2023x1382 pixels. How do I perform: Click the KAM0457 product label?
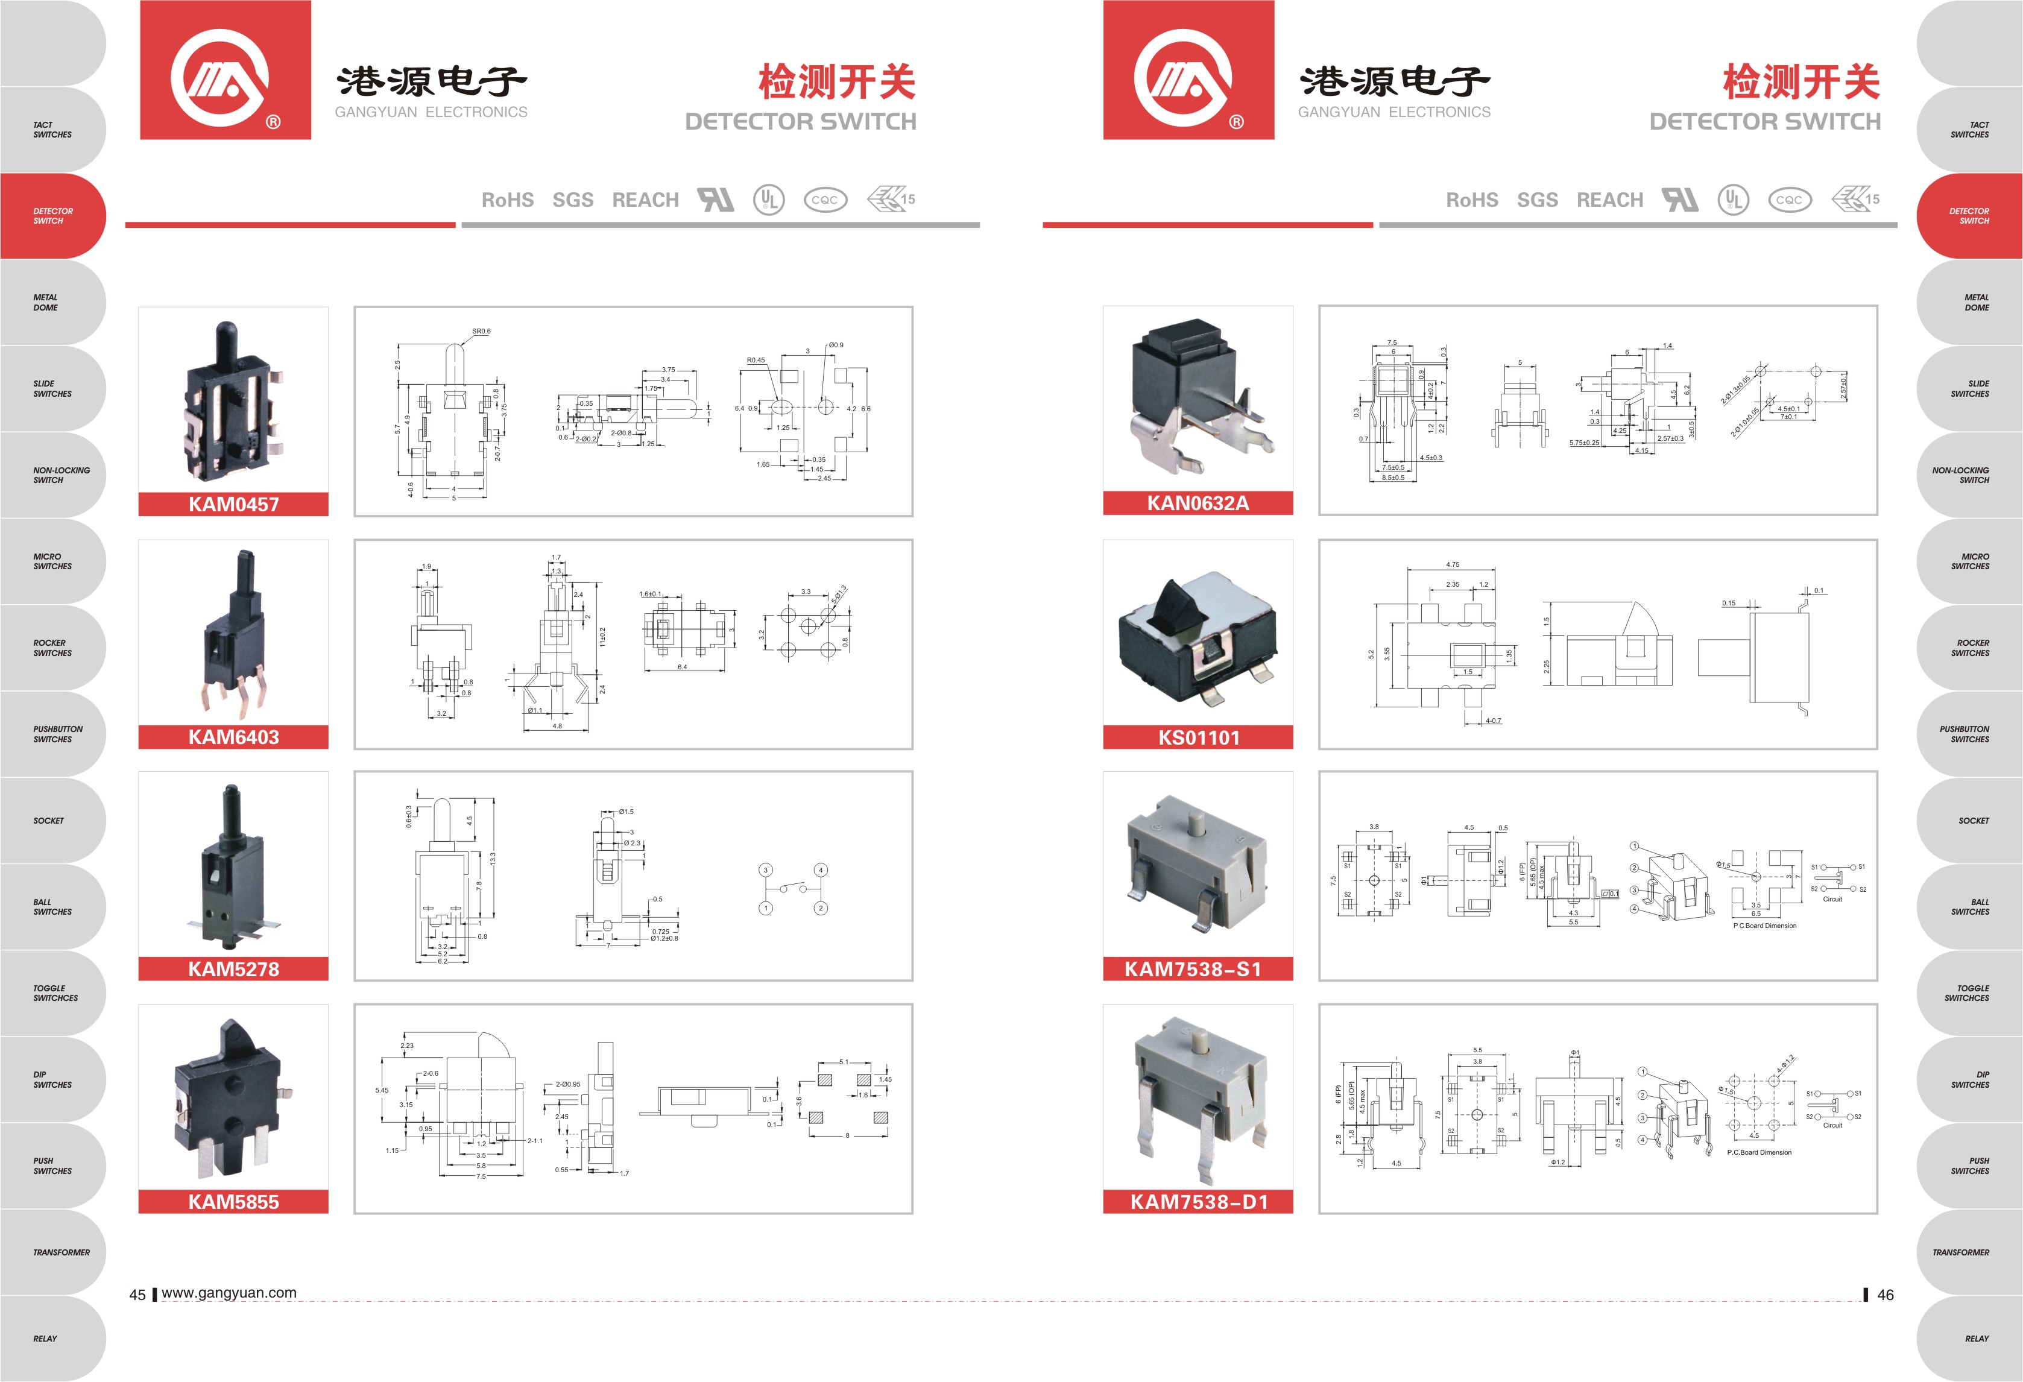pyautogui.click(x=233, y=504)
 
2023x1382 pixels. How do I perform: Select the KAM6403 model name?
pyautogui.click(x=233, y=737)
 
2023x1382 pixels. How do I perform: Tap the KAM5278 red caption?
pyautogui.click(x=233, y=968)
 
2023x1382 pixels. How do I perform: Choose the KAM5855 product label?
pyautogui.click(x=233, y=1202)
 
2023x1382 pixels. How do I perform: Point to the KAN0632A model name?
pyautogui.click(x=1198, y=503)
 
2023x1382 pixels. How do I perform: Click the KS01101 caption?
pyautogui.click(x=1198, y=737)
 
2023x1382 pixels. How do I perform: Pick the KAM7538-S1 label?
pyautogui.click(x=1193, y=968)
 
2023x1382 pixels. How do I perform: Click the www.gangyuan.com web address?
pyautogui.click(x=229, y=1292)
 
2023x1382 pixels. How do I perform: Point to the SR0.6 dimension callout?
pyautogui.click(x=481, y=330)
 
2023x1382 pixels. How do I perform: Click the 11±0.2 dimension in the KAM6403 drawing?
pyautogui.click(x=602, y=636)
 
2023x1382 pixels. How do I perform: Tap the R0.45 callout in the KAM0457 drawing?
pyautogui.click(x=756, y=361)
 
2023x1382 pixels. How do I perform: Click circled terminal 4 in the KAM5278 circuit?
pyautogui.click(x=820, y=869)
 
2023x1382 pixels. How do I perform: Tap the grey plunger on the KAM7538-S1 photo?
pyautogui.click(x=1198, y=821)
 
